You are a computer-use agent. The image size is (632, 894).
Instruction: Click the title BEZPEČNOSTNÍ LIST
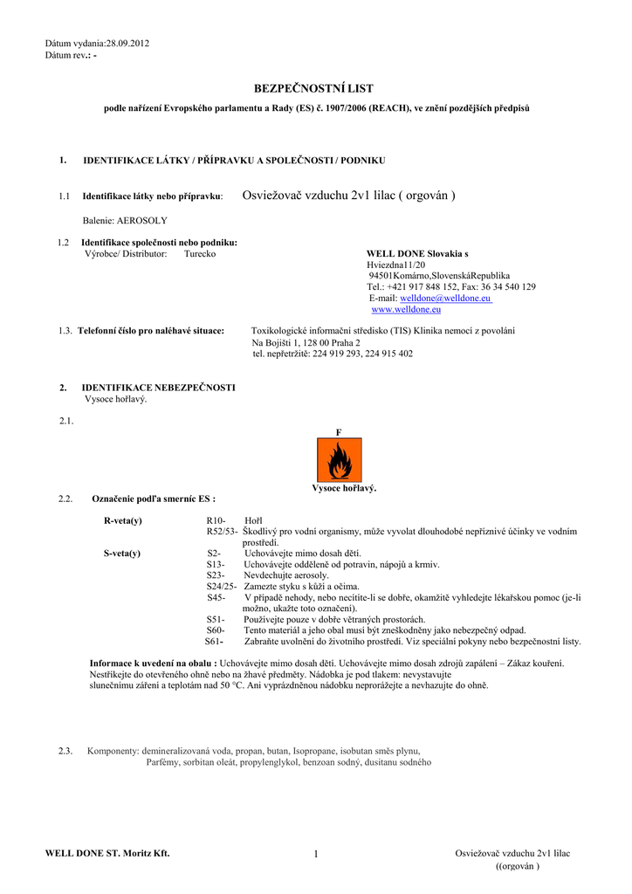(x=313, y=89)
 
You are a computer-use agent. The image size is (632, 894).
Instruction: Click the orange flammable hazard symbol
(x=339, y=461)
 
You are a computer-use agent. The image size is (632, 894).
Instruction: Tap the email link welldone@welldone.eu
(x=445, y=298)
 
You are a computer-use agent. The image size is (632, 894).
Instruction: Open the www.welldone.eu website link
(x=406, y=309)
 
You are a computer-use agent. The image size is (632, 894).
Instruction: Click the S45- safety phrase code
(x=216, y=597)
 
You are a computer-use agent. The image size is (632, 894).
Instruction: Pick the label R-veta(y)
(x=123, y=519)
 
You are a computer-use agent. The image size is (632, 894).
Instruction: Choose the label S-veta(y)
(x=122, y=553)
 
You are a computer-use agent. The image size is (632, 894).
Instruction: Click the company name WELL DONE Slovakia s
(x=417, y=253)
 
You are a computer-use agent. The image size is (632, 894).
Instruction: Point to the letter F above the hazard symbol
(x=339, y=432)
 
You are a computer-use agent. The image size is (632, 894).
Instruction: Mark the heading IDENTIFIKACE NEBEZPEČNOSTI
(x=158, y=387)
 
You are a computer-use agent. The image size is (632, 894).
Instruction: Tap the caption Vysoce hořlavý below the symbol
(x=344, y=488)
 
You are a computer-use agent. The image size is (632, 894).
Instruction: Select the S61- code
(x=214, y=641)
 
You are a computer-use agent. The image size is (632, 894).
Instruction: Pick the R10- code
(x=216, y=519)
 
